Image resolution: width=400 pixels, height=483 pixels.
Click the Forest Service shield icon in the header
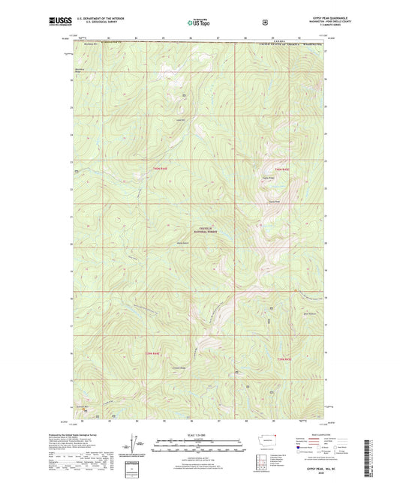tap(265, 22)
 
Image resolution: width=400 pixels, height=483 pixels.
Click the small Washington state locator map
tap(267, 442)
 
